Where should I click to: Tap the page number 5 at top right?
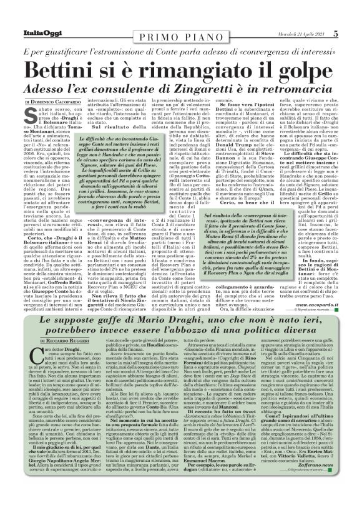coord(353,7)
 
